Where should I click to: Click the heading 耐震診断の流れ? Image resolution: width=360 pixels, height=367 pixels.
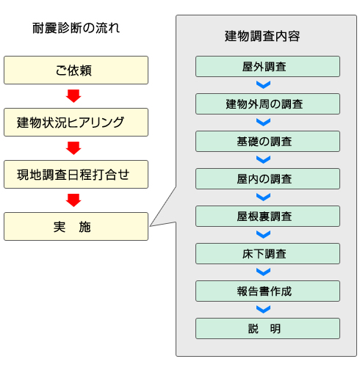(x=76, y=28)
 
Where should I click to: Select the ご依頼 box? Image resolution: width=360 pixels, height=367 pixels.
(x=76, y=70)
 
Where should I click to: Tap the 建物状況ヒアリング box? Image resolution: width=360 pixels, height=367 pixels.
(x=76, y=123)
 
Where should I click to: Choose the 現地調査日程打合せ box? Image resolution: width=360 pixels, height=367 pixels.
(x=76, y=175)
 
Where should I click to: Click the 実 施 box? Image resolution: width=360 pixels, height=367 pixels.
(x=76, y=227)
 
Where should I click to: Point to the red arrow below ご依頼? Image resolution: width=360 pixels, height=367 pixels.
(x=73, y=96)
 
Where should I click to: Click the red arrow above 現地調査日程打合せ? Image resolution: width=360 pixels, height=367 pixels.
(x=73, y=148)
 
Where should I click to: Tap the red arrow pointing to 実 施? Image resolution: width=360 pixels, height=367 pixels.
(x=73, y=200)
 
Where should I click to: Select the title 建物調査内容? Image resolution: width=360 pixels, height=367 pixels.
(x=262, y=36)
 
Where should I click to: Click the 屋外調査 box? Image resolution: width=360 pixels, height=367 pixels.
(x=267, y=67)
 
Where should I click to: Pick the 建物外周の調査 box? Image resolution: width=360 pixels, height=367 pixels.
(x=267, y=104)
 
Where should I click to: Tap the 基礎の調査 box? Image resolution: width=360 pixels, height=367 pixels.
(x=267, y=142)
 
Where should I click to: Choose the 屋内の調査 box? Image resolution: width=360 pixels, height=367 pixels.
(x=267, y=179)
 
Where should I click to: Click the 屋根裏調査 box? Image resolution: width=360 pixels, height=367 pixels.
(x=267, y=217)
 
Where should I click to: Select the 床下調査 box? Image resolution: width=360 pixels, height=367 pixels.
(x=267, y=254)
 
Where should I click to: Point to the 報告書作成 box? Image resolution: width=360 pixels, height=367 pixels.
(x=267, y=291)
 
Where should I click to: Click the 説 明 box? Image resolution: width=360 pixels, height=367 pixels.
(x=267, y=329)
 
